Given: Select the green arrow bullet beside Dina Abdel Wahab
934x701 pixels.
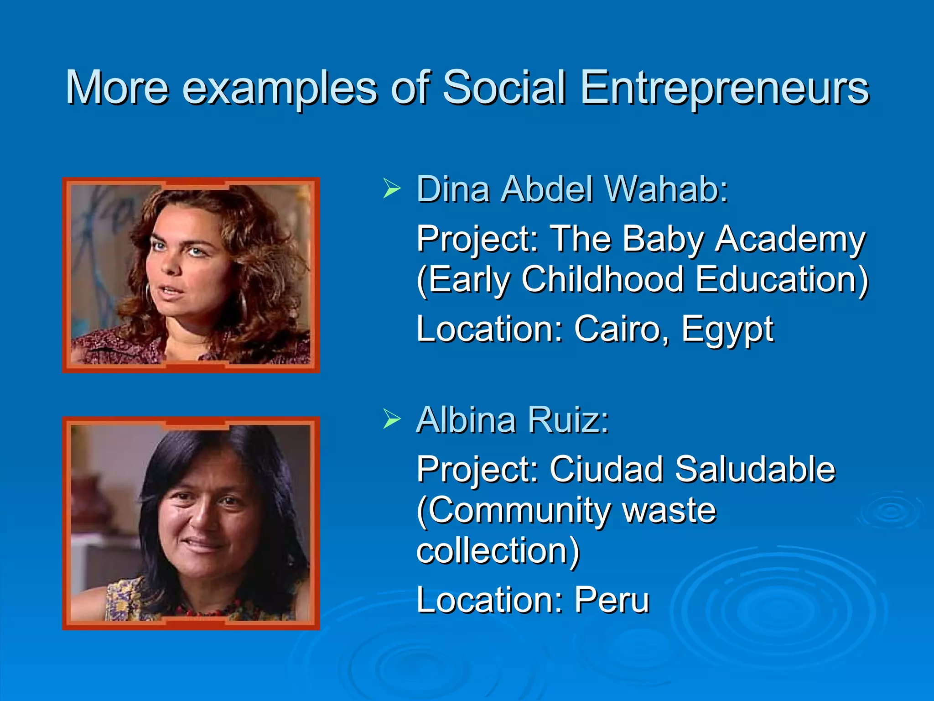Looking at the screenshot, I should pyautogui.click(x=392, y=188).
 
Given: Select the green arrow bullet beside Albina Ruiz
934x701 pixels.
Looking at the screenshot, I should pyautogui.click(x=392, y=419).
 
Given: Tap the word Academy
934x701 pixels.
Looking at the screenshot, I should pyautogui.click(x=789, y=240).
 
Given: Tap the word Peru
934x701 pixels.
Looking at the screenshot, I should pyautogui.click(x=612, y=600).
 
